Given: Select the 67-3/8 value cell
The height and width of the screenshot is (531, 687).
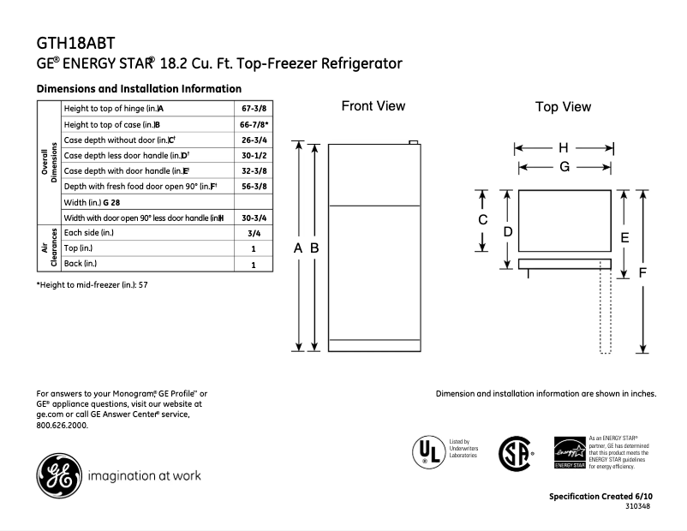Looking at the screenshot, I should (253, 109).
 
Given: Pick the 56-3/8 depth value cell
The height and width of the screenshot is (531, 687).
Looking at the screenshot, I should (253, 186).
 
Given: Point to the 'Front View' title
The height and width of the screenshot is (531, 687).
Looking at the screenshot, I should (373, 106).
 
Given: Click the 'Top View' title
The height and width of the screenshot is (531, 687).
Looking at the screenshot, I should (563, 107).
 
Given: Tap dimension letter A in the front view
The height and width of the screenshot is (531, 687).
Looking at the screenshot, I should (298, 248).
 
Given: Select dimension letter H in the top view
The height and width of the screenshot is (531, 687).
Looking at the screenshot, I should (564, 148).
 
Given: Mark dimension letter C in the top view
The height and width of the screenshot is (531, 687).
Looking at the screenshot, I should (482, 219).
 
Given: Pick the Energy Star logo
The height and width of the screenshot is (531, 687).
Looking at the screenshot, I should (570, 451).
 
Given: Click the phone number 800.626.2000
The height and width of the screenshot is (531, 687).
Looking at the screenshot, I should (63, 425).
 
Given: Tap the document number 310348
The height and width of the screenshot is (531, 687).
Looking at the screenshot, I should (638, 507).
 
